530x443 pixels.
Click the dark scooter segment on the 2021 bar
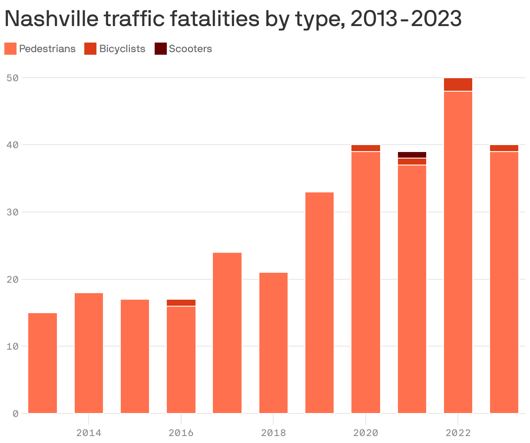412,155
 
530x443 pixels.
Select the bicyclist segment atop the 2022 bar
458,84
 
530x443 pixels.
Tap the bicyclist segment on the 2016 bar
181,303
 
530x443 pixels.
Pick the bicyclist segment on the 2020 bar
366,148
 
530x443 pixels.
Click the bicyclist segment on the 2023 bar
504,148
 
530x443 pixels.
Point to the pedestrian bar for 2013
43,363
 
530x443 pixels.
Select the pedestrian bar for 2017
227,333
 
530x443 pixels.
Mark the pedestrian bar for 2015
135,356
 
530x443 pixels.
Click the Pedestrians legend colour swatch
10,49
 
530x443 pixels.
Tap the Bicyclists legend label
122,49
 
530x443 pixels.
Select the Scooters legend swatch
160,49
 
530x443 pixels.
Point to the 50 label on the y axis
13,78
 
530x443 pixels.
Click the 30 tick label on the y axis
13,212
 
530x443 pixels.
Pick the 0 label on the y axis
15,413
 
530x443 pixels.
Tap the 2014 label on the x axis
89,433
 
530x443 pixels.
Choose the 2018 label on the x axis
273,433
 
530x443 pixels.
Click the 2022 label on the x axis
458,433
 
